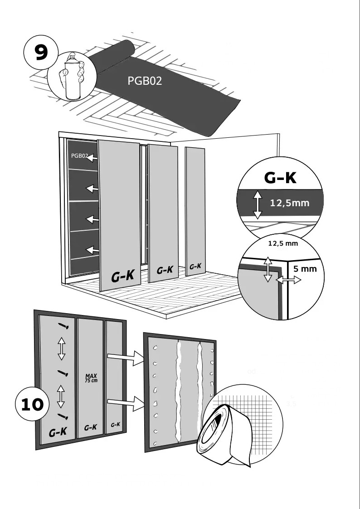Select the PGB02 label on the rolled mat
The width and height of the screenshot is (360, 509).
145,81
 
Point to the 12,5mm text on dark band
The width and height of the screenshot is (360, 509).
289,203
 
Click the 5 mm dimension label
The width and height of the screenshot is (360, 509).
305,269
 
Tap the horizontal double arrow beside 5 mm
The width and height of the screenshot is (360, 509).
289,281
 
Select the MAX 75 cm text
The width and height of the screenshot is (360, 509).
91,378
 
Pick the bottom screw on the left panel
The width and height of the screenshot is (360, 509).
63,416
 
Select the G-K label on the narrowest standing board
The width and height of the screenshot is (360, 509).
195,267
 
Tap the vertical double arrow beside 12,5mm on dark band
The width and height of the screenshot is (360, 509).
257,205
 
